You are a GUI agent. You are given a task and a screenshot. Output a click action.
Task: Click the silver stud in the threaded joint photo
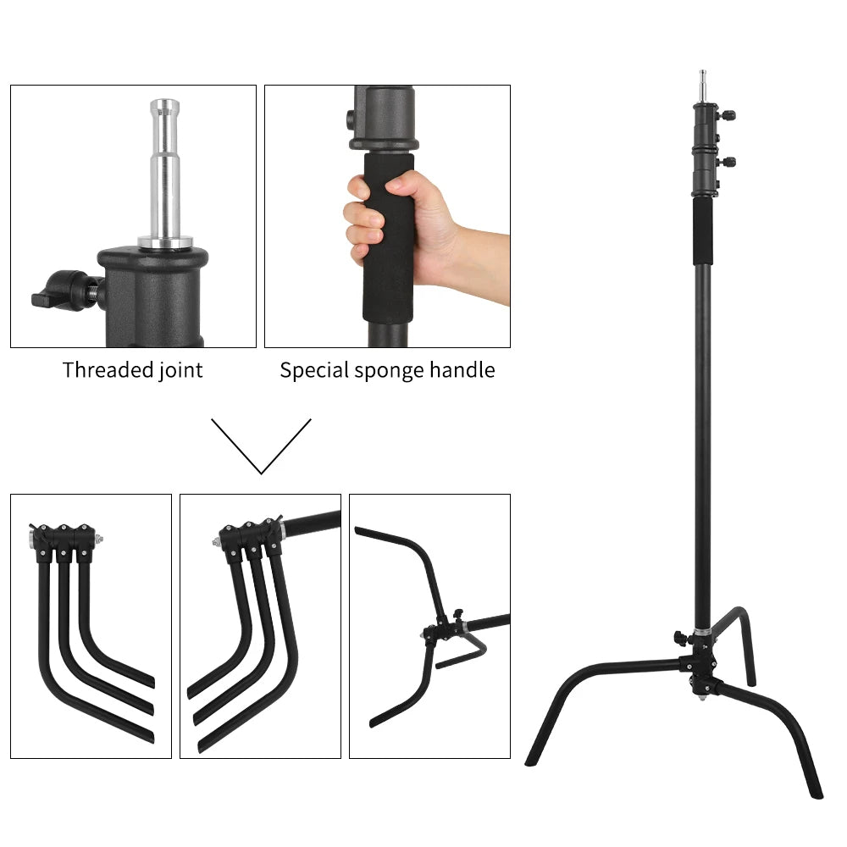[x=165, y=169]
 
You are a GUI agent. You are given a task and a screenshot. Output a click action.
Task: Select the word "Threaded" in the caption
[x=108, y=370]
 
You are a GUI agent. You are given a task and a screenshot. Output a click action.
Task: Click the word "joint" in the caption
[x=180, y=370]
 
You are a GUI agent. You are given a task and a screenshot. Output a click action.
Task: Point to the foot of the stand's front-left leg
[x=533, y=758]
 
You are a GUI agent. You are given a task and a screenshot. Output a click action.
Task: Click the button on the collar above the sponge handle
[x=351, y=118]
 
